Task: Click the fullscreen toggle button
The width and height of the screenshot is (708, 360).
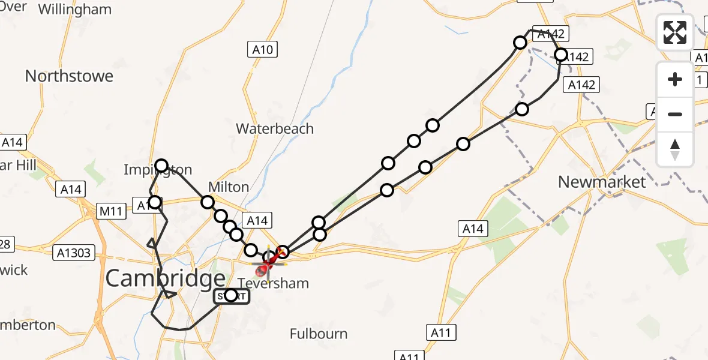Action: (x=675, y=32)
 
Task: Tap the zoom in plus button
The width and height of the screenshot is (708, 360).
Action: (x=675, y=80)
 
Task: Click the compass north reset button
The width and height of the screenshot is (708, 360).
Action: (x=675, y=149)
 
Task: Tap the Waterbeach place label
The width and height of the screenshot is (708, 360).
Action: (x=275, y=128)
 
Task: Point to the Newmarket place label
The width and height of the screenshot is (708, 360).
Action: (x=602, y=182)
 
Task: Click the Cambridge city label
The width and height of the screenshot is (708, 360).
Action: (x=166, y=278)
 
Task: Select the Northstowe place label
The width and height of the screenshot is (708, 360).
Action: (x=69, y=76)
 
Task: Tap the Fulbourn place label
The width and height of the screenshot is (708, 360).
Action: (x=319, y=334)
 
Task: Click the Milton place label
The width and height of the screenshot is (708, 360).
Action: (x=229, y=187)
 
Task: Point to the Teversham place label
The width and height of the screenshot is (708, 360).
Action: (x=274, y=283)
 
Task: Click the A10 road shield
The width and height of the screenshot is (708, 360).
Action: (x=263, y=49)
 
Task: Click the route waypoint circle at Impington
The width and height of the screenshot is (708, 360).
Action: (x=161, y=166)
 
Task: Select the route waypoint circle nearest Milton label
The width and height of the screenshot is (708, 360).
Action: (x=208, y=202)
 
